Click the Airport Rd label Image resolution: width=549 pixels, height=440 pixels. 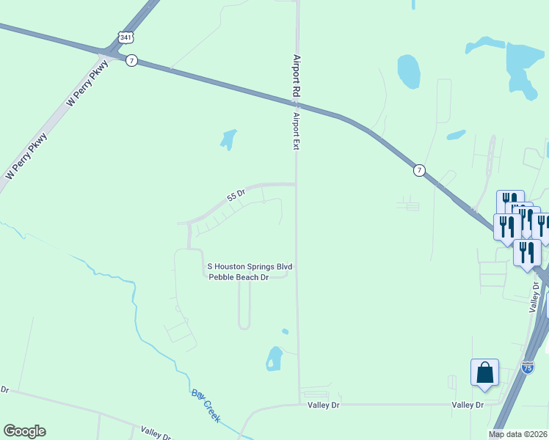point(297,76)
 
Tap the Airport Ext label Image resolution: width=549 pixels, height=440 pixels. point(297,131)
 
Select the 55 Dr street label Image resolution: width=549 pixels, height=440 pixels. point(235,194)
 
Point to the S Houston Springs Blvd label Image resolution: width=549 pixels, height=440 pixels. point(250,267)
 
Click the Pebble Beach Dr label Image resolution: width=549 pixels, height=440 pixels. point(239,277)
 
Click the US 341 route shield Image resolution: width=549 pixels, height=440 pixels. point(126,36)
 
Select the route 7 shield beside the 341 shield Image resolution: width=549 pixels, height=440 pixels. point(131,61)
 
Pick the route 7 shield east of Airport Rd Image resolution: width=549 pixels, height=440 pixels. point(418,170)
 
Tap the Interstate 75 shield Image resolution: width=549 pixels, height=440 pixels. point(528,367)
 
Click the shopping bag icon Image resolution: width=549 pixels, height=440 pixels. point(485,373)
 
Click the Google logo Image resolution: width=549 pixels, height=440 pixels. point(24,431)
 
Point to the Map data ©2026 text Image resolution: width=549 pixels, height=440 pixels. point(518,434)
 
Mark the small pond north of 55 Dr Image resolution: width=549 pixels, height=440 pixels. point(229,139)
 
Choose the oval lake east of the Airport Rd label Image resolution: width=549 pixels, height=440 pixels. point(408,71)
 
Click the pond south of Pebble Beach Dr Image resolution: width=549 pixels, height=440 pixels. point(274,359)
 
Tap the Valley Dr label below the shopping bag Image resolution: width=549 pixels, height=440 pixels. point(468,405)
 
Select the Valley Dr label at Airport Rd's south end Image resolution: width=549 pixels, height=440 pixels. point(324,405)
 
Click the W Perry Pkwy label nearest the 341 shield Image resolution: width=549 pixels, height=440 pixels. point(87,84)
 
